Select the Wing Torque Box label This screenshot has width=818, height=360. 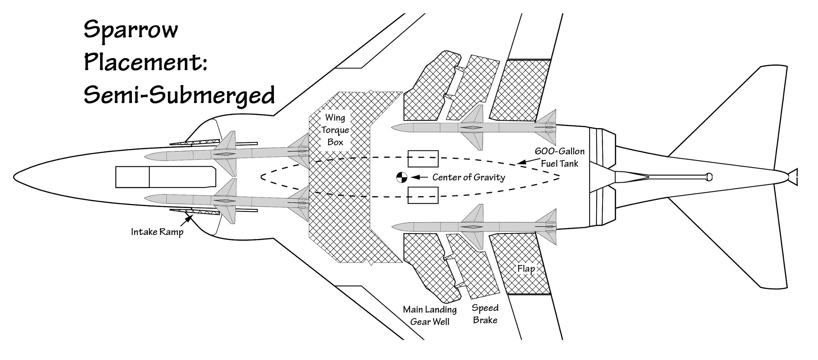point(335,130)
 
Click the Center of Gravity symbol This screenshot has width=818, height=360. point(402,177)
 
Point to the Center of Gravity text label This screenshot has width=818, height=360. point(469,177)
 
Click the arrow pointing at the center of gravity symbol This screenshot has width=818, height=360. point(419,177)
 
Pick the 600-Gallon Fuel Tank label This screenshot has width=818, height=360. point(559,157)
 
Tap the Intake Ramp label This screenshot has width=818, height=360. point(157,232)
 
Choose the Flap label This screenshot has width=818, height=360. point(526,269)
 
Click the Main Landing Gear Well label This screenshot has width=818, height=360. point(430,316)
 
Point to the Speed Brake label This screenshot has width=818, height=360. point(485,314)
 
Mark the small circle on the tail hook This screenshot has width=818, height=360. point(709,177)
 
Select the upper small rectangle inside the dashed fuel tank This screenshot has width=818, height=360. point(423,159)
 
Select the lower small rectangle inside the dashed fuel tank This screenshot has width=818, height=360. point(423,195)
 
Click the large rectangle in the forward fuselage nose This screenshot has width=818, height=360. point(165,177)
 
